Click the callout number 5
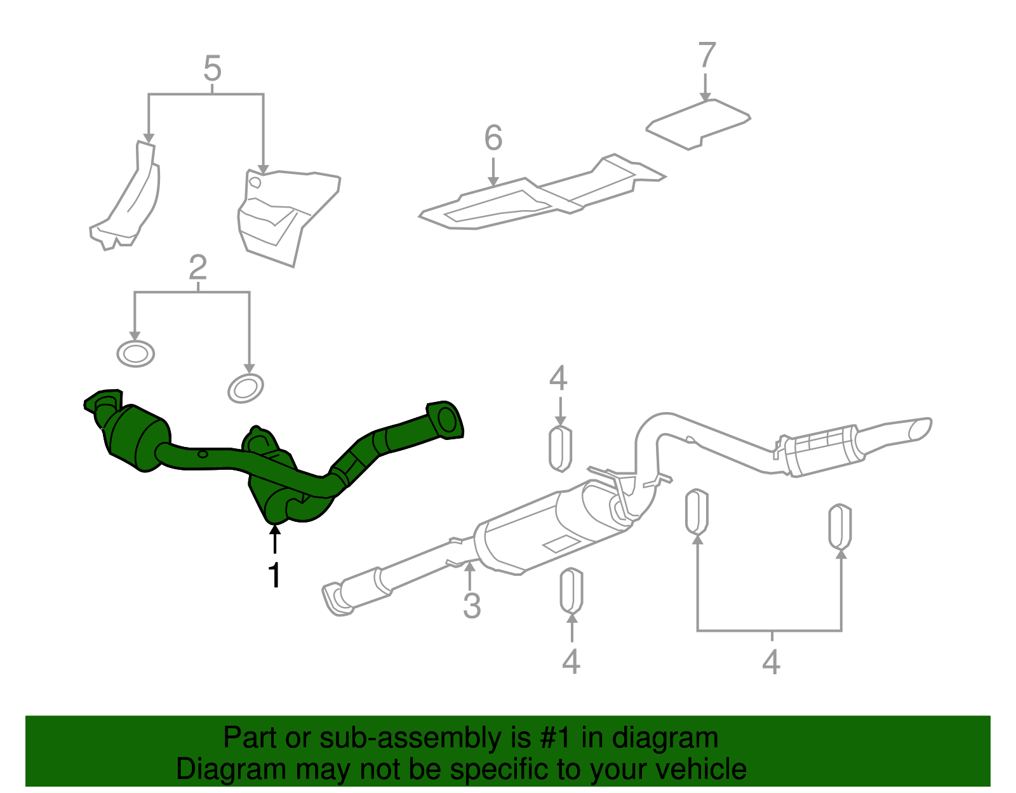212,69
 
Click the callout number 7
706,55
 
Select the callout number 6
493,138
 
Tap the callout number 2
197,268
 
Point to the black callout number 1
274,575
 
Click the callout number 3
471,605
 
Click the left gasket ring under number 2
136,354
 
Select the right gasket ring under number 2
246,388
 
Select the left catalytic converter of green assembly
137,438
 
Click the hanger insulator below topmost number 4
560,449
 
